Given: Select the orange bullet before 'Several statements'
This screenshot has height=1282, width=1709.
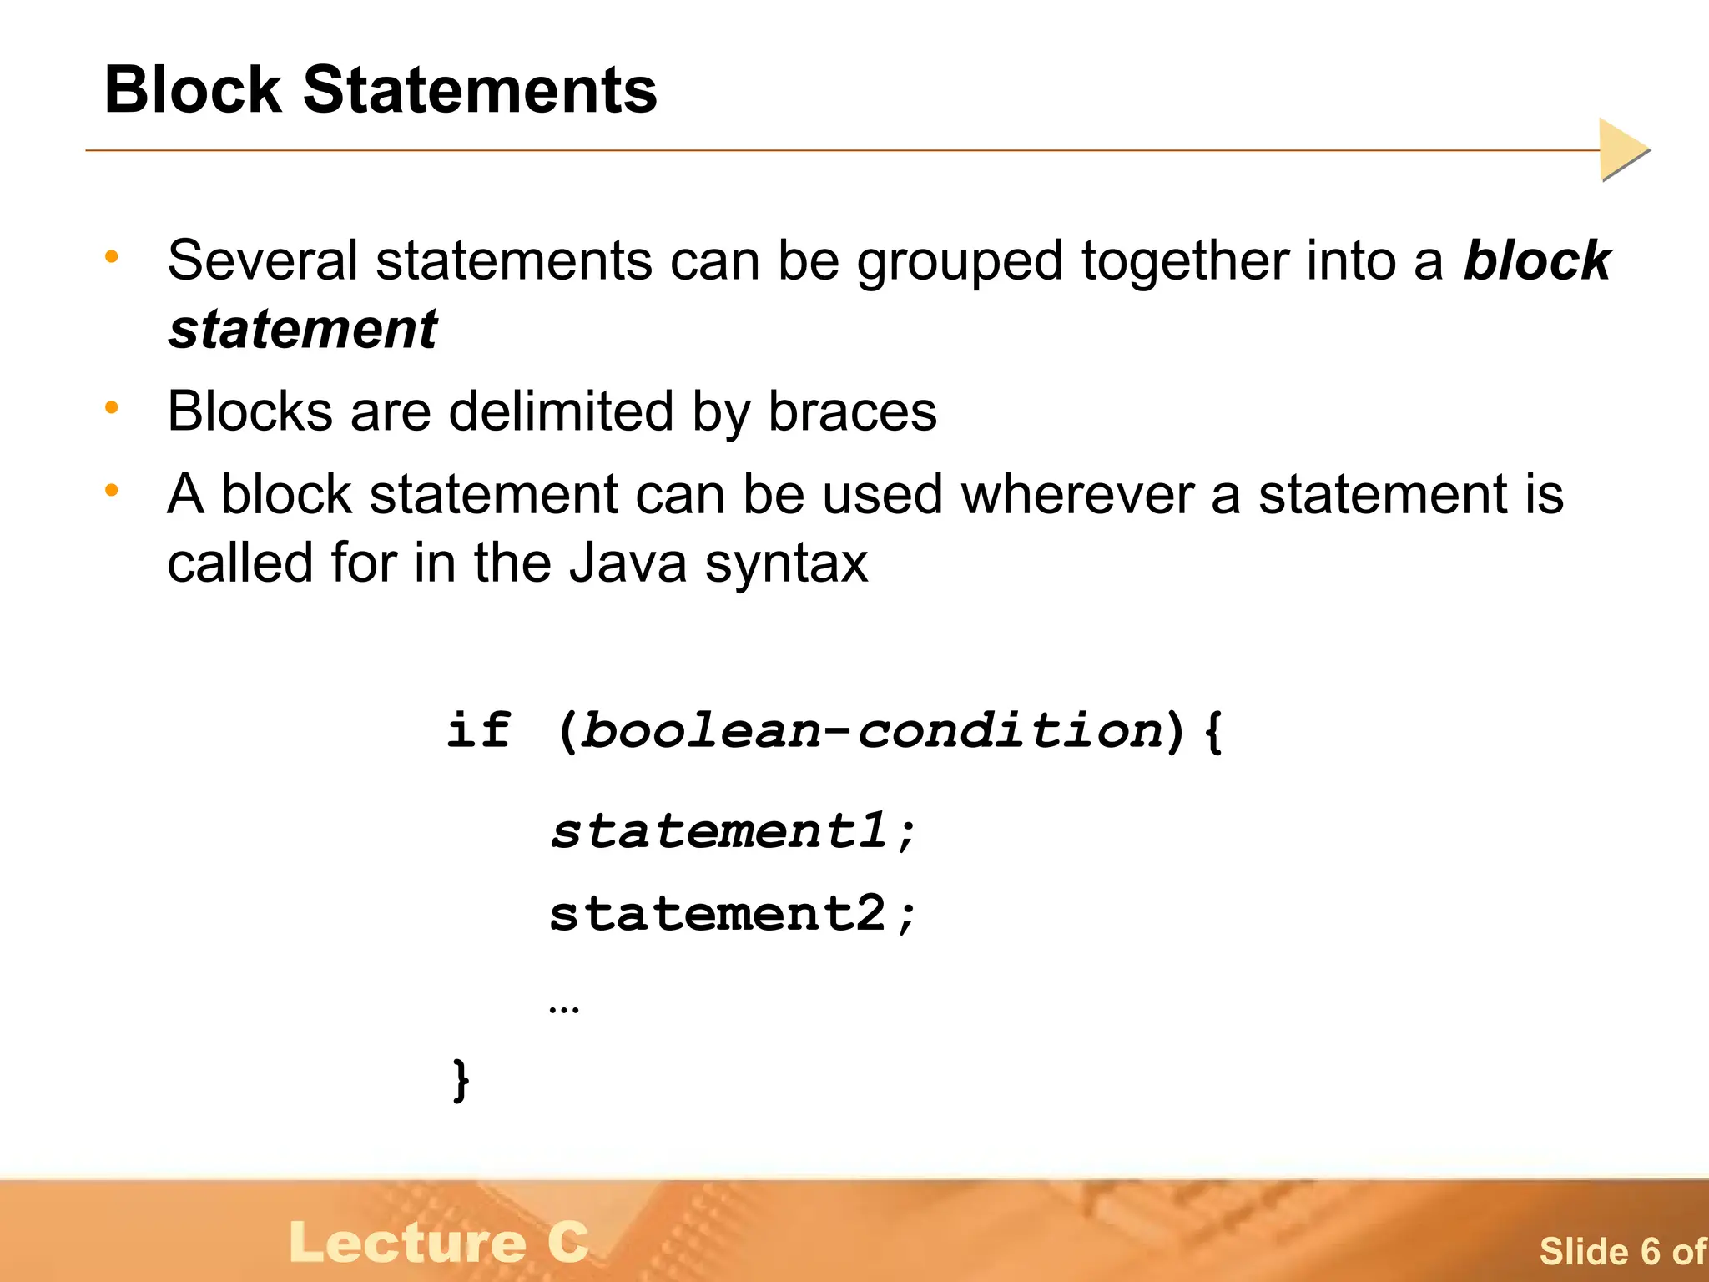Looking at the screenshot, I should tap(112, 256).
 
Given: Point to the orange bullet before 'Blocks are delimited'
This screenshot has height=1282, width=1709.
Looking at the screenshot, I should tap(112, 407).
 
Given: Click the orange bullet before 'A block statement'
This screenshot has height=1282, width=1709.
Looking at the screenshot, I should tap(112, 491).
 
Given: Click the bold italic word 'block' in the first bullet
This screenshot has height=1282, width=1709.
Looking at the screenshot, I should tap(1537, 260).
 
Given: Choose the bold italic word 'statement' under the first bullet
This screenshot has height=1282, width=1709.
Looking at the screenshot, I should tap(303, 329).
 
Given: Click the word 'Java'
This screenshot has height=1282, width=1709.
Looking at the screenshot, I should tap(628, 563).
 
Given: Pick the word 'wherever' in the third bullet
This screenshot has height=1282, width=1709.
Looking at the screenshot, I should tap(1077, 495).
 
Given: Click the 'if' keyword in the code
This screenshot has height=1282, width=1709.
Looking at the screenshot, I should tap(478, 730).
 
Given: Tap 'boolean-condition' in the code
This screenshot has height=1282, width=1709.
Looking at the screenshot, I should tap(871, 732).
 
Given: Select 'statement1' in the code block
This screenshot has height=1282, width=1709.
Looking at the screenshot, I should tap(718, 832).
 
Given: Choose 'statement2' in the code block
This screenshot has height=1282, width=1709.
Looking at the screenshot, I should tap(718, 914).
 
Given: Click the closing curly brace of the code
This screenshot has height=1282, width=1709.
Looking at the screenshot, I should tap(461, 1080).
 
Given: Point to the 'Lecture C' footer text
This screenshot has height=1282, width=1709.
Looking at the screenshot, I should tap(439, 1242).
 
